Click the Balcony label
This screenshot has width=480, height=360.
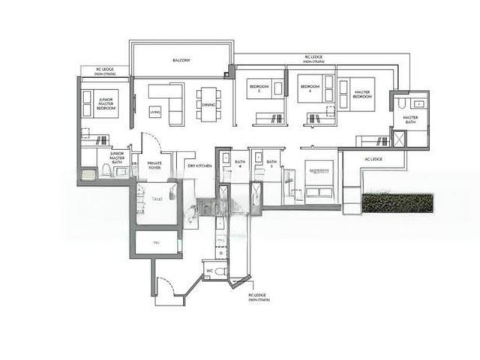click(x=181, y=60)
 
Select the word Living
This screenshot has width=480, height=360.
click(x=155, y=112)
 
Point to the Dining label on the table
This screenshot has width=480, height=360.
click(x=208, y=105)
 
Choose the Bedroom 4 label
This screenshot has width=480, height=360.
click(x=310, y=88)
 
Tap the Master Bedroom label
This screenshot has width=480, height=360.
click(x=364, y=94)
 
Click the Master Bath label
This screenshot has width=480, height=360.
click(x=410, y=120)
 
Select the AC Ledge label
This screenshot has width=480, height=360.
click(x=373, y=159)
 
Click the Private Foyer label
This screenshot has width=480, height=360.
click(x=154, y=165)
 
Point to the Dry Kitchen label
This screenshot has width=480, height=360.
click(x=199, y=165)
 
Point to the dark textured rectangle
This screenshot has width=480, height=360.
click(x=397, y=202)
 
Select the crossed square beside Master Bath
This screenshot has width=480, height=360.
click(x=398, y=140)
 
